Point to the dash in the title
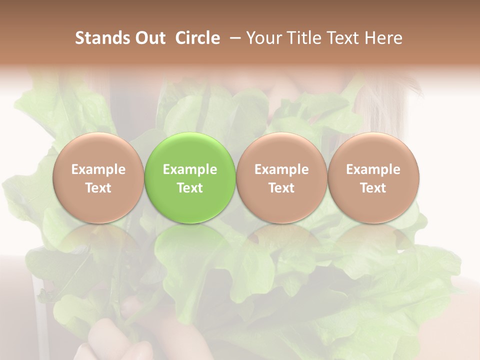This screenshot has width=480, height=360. coord(233,38)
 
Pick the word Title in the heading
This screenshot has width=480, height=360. coord(304,38)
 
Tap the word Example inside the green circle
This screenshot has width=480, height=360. coord(190,169)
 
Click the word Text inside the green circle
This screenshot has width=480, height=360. coord(190,188)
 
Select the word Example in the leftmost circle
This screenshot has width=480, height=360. coord(98,169)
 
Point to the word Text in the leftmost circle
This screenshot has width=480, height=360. coord(98,188)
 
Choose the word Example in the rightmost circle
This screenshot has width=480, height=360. coord(373,169)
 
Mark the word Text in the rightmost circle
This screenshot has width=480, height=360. coord(373,188)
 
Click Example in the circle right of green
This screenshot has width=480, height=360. coord(281,169)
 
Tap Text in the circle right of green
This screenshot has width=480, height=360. coord(281,188)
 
